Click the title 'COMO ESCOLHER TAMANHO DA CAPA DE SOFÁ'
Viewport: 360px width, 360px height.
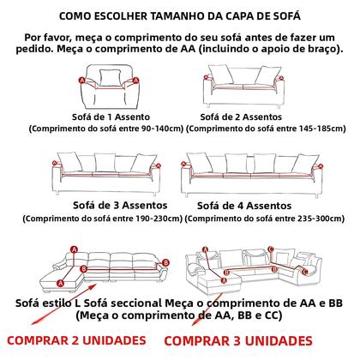pyautogui.click(x=180, y=15)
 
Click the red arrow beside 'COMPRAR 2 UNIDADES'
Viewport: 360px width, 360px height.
pyautogui.click(x=44, y=318)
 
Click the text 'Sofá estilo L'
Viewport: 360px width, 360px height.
pyautogui.click(x=56, y=303)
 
